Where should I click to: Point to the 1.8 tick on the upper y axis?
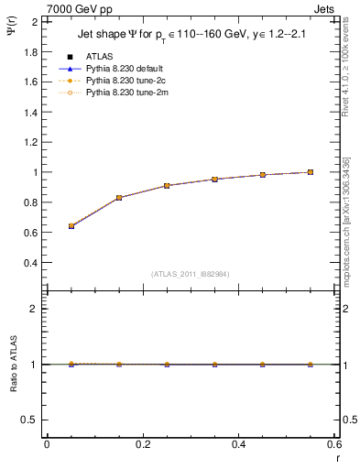coord(29,51)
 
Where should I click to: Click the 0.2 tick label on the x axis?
coord(142,444)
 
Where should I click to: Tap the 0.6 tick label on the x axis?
coord(334,444)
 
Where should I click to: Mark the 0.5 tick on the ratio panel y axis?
coord(29,420)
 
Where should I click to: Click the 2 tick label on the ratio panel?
coord(34,309)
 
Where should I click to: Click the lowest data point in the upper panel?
coord(71,225)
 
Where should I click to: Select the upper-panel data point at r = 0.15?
coord(119,198)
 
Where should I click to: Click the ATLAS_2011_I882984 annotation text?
coord(191,274)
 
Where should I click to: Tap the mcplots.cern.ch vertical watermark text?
coord(350,229)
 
